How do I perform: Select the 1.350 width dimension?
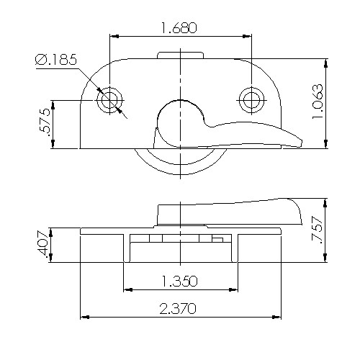click(x=180, y=280)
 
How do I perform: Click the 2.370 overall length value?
click(x=180, y=307)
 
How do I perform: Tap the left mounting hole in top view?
click(x=109, y=99)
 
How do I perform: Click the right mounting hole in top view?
click(x=251, y=99)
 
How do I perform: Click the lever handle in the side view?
click(x=230, y=212)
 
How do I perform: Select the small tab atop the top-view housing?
click(x=180, y=55)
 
